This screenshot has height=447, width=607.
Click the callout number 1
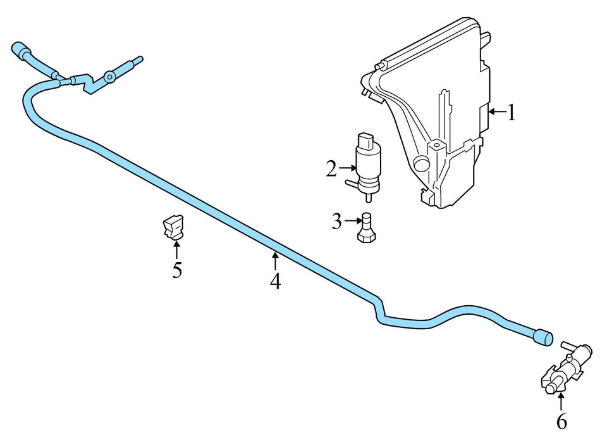(x=512, y=113)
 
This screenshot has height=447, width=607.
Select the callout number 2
(x=331, y=169)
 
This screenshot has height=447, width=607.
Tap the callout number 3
(x=336, y=222)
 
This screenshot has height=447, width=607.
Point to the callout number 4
(x=275, y=280)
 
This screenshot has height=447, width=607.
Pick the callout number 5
(x=177, y=270)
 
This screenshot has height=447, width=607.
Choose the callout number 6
(x=561, y=421)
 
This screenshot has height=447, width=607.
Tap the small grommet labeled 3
(x=366, y=228)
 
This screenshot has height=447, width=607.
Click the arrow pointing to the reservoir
(x=497, y=113)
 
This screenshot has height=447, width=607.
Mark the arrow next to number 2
(x=347, y=168)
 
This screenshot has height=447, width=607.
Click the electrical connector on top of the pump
(x=367, y=139)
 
